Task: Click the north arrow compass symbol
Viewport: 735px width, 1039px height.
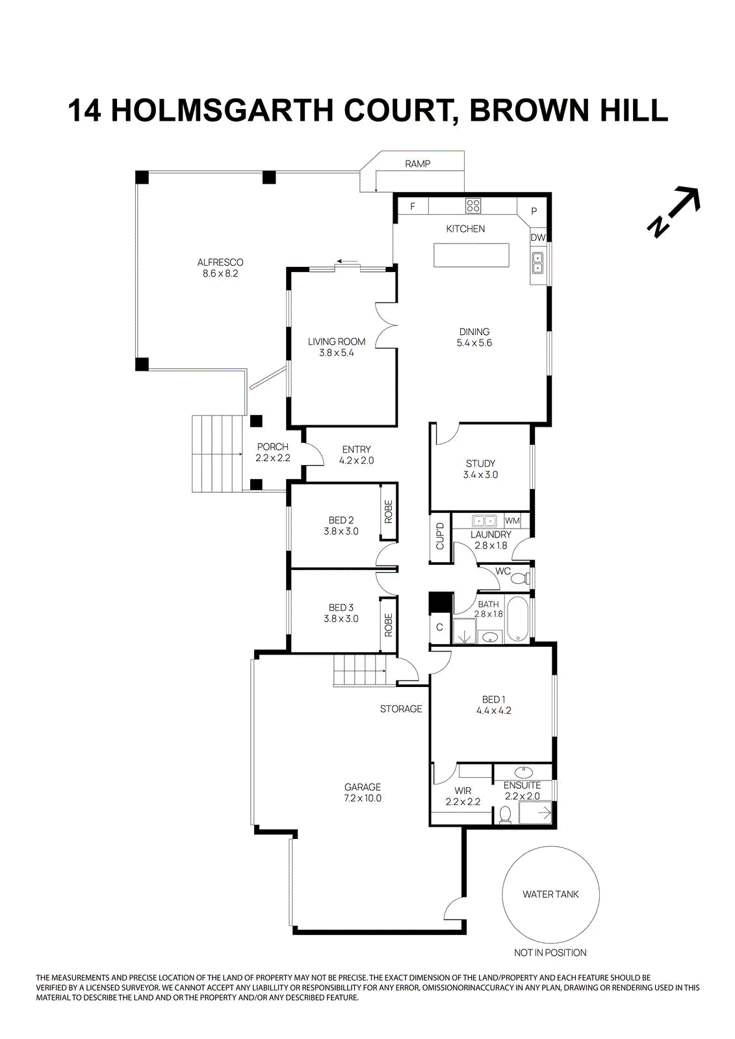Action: (x=674, y=212)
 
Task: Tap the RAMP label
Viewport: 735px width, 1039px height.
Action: (x=417, y=164)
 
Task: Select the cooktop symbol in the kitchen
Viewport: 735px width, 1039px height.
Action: (x=473, y=207)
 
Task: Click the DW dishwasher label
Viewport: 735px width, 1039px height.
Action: (x=538, y=238)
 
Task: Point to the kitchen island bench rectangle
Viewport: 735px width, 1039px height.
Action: (x=471, y=255)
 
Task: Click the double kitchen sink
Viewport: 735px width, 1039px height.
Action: (x=538, y=262)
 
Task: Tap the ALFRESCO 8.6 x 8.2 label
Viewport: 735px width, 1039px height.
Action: (x=220, y=268)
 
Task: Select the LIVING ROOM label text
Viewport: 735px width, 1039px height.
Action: (x=337, y=342)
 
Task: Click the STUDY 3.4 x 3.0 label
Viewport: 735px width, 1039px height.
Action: (x=480, y=469)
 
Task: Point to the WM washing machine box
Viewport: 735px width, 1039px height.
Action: (x=512, y=521)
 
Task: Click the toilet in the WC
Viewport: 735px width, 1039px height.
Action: (x=524, y=577)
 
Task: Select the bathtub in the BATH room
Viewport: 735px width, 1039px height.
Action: (x=517, y=620)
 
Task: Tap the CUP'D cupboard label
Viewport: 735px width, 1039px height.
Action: (x=440, y=536)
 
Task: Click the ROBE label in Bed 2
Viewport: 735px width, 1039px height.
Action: (x=389, y=512)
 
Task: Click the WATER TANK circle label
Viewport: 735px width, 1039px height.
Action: (x=550, y=894)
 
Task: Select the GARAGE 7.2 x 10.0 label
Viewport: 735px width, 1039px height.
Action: (x=363, y=792)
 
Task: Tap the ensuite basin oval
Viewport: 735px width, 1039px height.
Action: (x=523, y=773)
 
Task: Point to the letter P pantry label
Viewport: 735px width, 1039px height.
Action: (x=534, y=211)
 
